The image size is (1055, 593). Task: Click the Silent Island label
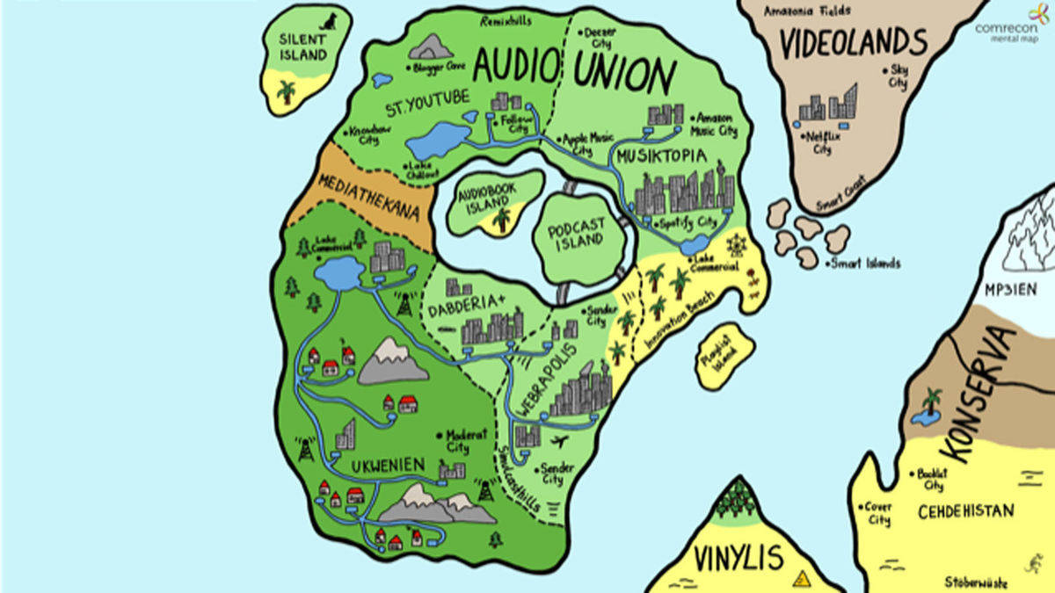pos(302,47)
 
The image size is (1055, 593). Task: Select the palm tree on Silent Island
pos(286,90)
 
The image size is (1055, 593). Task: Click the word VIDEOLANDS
pos(855,43)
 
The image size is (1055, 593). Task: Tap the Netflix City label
pos(821,142)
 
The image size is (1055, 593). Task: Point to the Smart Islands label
pos(866,263)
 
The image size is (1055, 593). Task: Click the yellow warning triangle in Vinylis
pos(801,578)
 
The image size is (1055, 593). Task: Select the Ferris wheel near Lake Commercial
pos(735,245)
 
